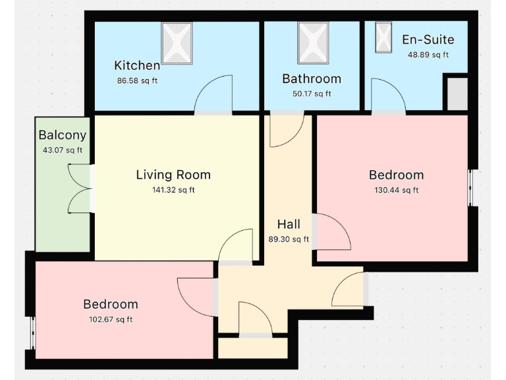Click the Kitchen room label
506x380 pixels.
coord(137,65)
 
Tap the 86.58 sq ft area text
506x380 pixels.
coord(137,80)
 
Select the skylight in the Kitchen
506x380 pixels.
coord(177,43)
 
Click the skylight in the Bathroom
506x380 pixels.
coord(312,43)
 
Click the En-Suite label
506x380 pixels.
coord(428,40)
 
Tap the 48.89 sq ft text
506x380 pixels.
coord(428,55)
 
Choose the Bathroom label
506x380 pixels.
coord(312,79)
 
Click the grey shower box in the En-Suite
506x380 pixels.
coord(457,94)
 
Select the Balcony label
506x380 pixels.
coord(63,135)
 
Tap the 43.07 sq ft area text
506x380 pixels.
coord(63,150)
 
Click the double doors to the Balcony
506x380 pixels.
coord(80,189)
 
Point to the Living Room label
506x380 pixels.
coord(173,175)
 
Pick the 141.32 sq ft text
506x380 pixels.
coord(173,190)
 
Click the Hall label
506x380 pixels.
coord(289,224)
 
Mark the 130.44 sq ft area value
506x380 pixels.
coord(397,190)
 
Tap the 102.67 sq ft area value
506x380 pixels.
coord(111,319)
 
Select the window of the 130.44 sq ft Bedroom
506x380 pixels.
coord(470,188)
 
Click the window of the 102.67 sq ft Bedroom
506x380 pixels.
coord(32,333)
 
